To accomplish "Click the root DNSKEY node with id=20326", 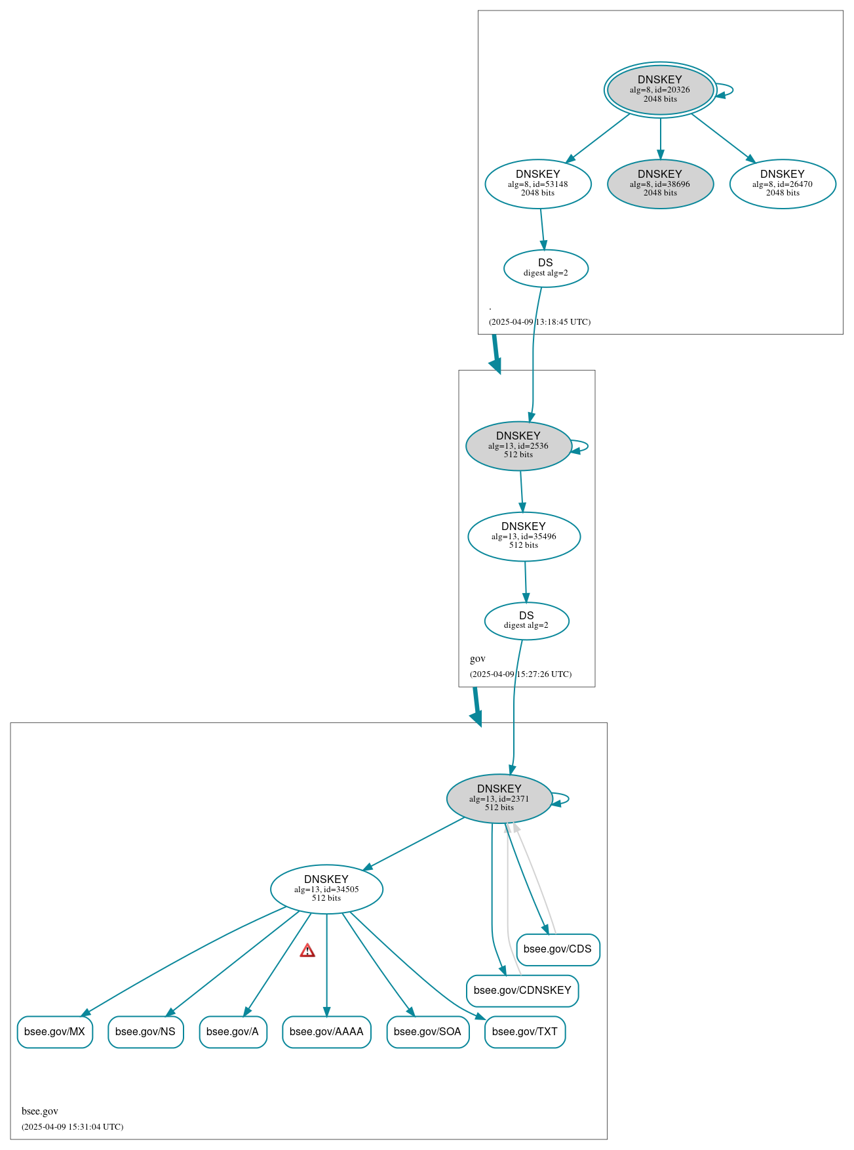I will (660, 90).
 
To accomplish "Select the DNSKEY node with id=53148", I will (538, 184).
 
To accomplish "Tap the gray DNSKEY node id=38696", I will (660, 184).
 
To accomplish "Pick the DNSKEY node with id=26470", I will (783, 184).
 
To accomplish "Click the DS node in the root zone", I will (546, 268).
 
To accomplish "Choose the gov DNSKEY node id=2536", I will (518, 445).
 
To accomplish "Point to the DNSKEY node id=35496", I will (524, 536).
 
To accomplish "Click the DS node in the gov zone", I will (526, 620).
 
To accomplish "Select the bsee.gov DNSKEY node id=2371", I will (499, 798).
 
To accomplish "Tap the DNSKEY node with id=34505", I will (326, 889).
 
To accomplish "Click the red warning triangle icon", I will (307, 951).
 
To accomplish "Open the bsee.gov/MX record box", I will (55, 1032).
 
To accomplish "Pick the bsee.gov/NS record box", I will (146, 1032).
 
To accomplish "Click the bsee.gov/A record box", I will (233, 1032).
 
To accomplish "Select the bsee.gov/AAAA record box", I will (326, 1032).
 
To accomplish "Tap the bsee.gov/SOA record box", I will (427, 1032).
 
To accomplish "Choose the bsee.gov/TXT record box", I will (524, 1032).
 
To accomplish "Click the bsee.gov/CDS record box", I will (558, 949).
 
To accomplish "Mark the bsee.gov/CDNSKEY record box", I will (522, 991).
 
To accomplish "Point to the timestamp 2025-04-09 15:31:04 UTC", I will (72, 1127).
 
